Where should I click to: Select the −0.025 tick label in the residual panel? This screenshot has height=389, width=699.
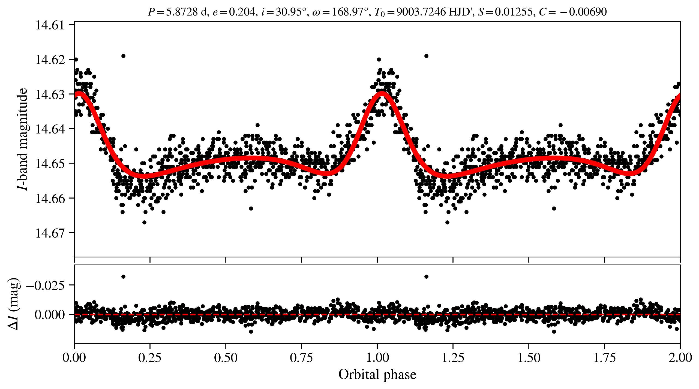pyautogui.click(x=46, y=285)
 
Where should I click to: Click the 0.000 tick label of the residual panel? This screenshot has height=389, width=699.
pyautogui.click(x=50, y=315)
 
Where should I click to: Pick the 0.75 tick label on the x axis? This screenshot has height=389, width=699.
pyautogui.click(x=301, y=358)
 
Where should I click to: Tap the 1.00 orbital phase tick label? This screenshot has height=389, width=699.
pyautogui.click(x=377, y=358)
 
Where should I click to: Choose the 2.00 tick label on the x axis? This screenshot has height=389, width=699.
pyautogui.click(x=680, y=358)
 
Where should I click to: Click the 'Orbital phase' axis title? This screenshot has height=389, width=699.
pyautogui.click(x=377, y=375)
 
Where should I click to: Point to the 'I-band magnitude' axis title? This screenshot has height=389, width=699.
pyautogui.click(x=22, y=139)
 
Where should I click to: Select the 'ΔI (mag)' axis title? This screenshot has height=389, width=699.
pyautogui.click(x=14, y=304)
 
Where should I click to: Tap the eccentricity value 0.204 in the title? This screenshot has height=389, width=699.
pyautogui.click(x=242, y=12)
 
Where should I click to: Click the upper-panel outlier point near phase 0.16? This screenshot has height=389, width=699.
pyautogui.click(x=123, y=56)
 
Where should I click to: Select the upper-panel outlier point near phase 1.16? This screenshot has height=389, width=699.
pyautogui.click(x=426, y=56)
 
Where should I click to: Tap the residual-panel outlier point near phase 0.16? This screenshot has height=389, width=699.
pyautogui.click(x=123, y=276)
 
